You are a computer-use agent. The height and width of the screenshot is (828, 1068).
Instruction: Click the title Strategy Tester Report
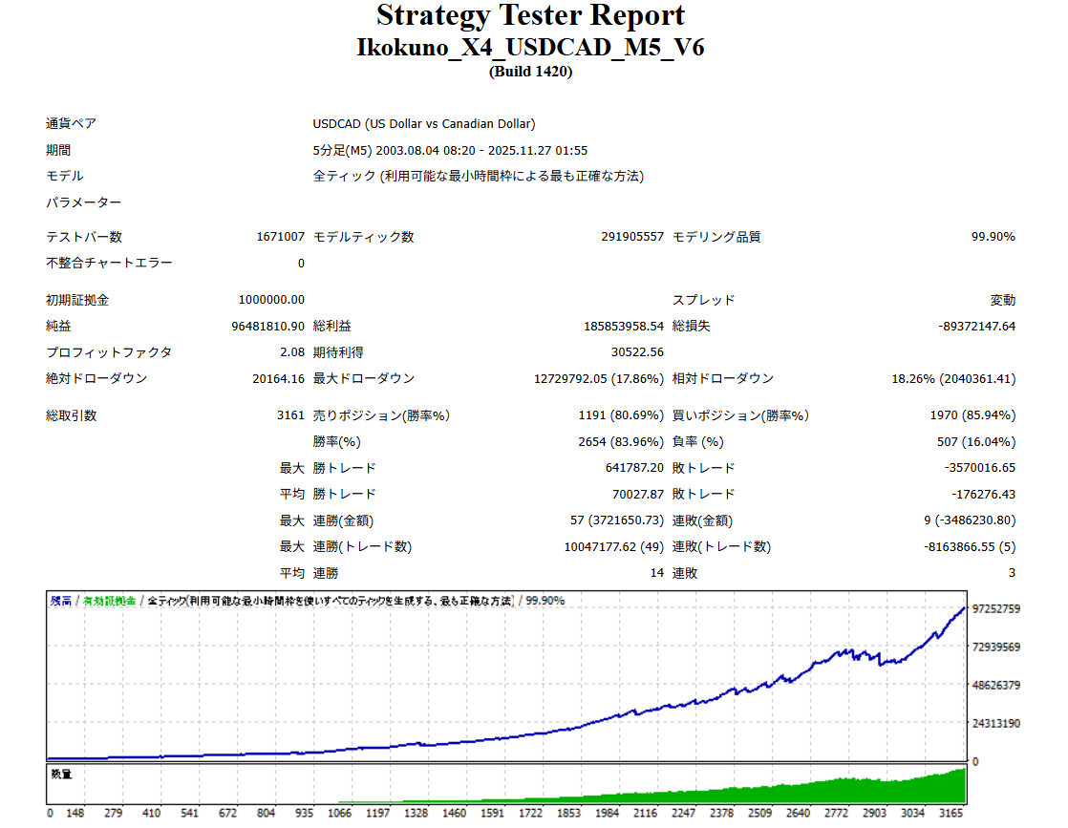coord(530,16)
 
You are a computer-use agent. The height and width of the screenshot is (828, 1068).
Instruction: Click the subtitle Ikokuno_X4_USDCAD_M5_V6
coord(530,47)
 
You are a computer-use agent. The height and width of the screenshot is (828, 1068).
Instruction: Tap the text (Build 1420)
coord(530,71)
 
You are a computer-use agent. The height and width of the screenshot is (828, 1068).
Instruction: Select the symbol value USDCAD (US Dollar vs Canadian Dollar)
coord(424,123)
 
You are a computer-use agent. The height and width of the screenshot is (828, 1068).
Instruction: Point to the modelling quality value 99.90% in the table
coord(993,237)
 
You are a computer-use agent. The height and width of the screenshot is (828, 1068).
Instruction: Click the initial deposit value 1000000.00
coord(272,300)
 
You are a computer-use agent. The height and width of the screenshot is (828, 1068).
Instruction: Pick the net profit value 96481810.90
coord(268,326)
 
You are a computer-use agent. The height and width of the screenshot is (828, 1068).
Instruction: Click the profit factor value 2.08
coord(292,352)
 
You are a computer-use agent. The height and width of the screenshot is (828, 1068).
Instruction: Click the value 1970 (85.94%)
coord(972,415)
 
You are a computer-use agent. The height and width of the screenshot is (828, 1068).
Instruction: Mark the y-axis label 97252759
coord(996,608)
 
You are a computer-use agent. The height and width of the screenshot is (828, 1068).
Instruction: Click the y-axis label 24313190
coord(996,723)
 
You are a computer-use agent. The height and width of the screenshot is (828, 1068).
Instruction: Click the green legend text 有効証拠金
coord(109,601)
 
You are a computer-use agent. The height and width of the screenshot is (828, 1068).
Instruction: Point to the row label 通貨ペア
coord(71,123)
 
